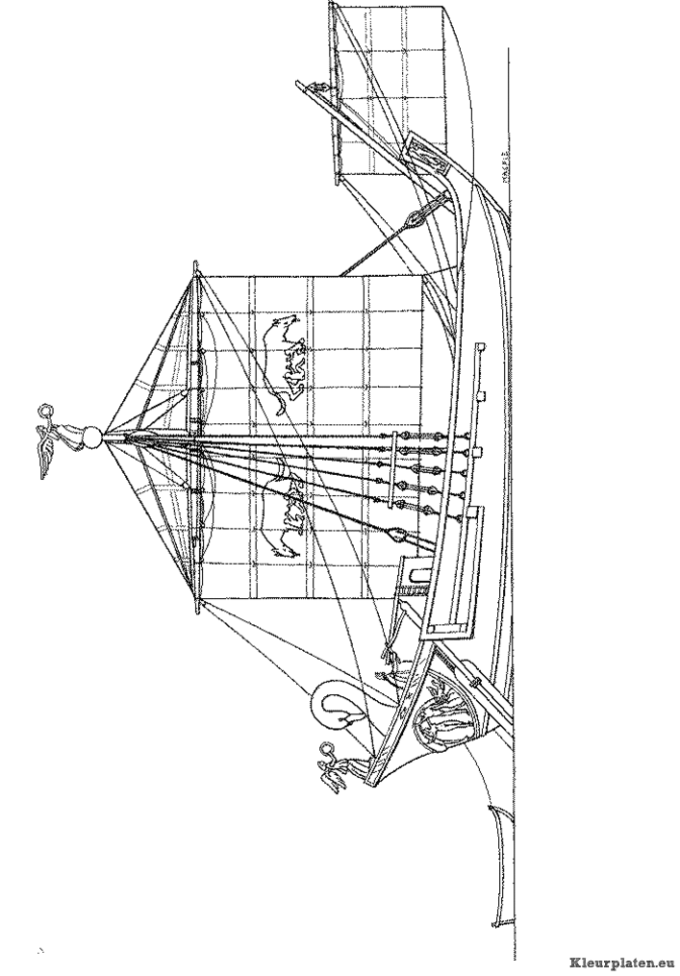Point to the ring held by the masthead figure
click(42, 413)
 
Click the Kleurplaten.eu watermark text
click(620, 961)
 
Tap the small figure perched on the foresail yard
click(320, 89)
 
